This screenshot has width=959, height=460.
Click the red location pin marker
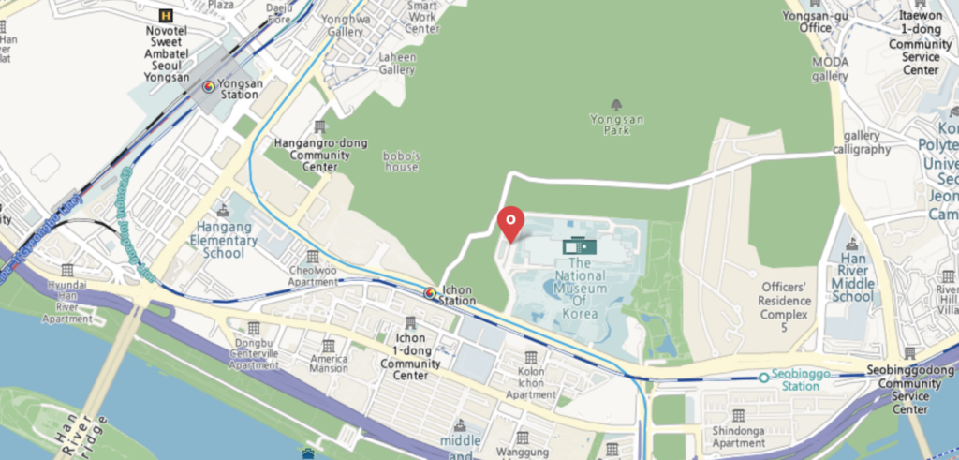(509, 222)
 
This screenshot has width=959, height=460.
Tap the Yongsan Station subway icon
(209, 86)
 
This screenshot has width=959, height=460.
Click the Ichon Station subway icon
(430, 293)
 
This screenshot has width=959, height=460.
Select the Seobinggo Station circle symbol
(765, 377)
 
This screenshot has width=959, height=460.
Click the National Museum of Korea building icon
(580, 246)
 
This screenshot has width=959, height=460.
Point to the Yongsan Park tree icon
(616, 105)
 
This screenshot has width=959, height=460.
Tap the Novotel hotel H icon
(167, 15)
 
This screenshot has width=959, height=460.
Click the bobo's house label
(401, 161)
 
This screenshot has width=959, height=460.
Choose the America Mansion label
(329, 364)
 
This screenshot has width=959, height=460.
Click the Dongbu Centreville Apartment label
(254, 351)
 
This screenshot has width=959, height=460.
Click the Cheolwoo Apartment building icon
(312, 256)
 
